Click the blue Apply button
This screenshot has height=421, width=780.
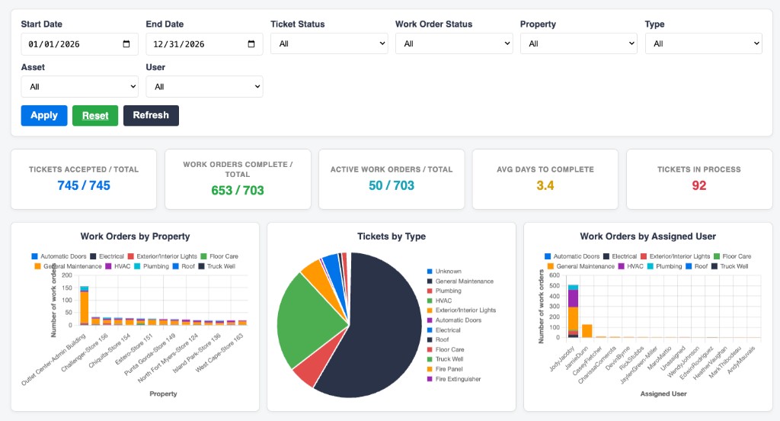tap(43, 116)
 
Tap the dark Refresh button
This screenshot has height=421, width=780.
tap(151, 116)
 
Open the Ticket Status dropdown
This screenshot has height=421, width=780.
tap(329, 43)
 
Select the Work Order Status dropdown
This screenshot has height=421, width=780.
tap(454, 43)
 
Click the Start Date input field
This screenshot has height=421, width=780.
tap(79, 44)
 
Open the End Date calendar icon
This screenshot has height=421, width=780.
tap(251, 43)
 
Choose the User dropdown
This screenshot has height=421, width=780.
tap(204, 87)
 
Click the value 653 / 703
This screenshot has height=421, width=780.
tap(238, 191)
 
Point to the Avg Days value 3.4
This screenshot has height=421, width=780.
tap(545, 186)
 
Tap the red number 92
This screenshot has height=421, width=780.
tap(699, 186)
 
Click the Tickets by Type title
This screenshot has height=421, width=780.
tap(392, 236)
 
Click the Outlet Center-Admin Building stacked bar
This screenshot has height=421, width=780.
tap(84, 306)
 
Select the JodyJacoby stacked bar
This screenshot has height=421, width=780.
tap(573, 311)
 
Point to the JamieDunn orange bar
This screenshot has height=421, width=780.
tap(587, 331)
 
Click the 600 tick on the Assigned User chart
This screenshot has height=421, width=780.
tap(555, 275)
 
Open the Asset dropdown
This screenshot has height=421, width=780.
tap(79, 87)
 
